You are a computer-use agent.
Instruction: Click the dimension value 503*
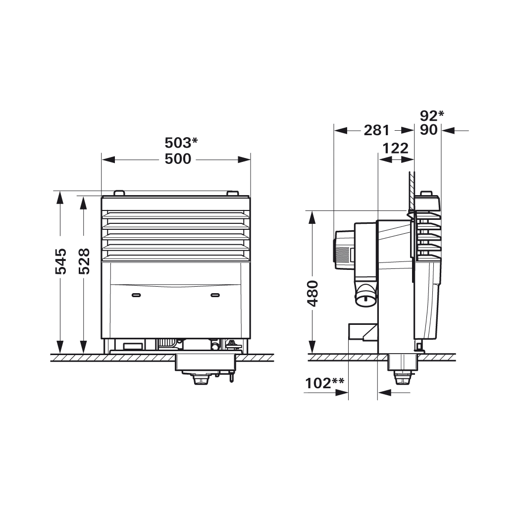[181, 143]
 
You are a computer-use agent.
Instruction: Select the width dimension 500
[177, 159]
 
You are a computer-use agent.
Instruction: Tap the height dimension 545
[60, 261]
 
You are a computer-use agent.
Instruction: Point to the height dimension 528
[84, 261]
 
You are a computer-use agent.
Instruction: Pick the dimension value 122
[395, 148]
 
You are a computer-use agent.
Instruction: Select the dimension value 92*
[432, 115]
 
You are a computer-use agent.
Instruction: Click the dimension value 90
[428, 130]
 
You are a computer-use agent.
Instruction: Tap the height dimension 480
[312, 294]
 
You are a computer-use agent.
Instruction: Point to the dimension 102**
[324, 383]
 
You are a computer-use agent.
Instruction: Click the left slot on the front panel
[136, 295]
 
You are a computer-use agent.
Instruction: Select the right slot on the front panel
[215, 295]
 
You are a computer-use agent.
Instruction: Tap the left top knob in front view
[118, 193]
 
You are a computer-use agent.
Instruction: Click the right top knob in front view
[232, 193]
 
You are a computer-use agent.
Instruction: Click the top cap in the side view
[427, 201]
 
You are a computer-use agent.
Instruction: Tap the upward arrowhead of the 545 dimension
[60, 197]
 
